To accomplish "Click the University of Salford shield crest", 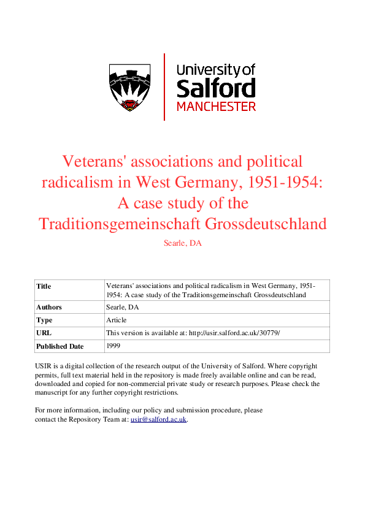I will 130,87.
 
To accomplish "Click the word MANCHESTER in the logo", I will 216,107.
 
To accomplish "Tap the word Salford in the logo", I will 216,88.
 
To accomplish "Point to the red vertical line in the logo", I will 164,86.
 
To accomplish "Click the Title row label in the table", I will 44,286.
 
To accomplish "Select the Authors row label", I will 49,307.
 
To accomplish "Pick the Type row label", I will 45,320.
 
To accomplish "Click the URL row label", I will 44,333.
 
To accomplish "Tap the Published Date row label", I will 60,346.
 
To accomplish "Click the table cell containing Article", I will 117,320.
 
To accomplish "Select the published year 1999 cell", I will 113,346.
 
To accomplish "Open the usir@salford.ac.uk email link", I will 158,420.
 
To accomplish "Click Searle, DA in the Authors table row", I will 123,307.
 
